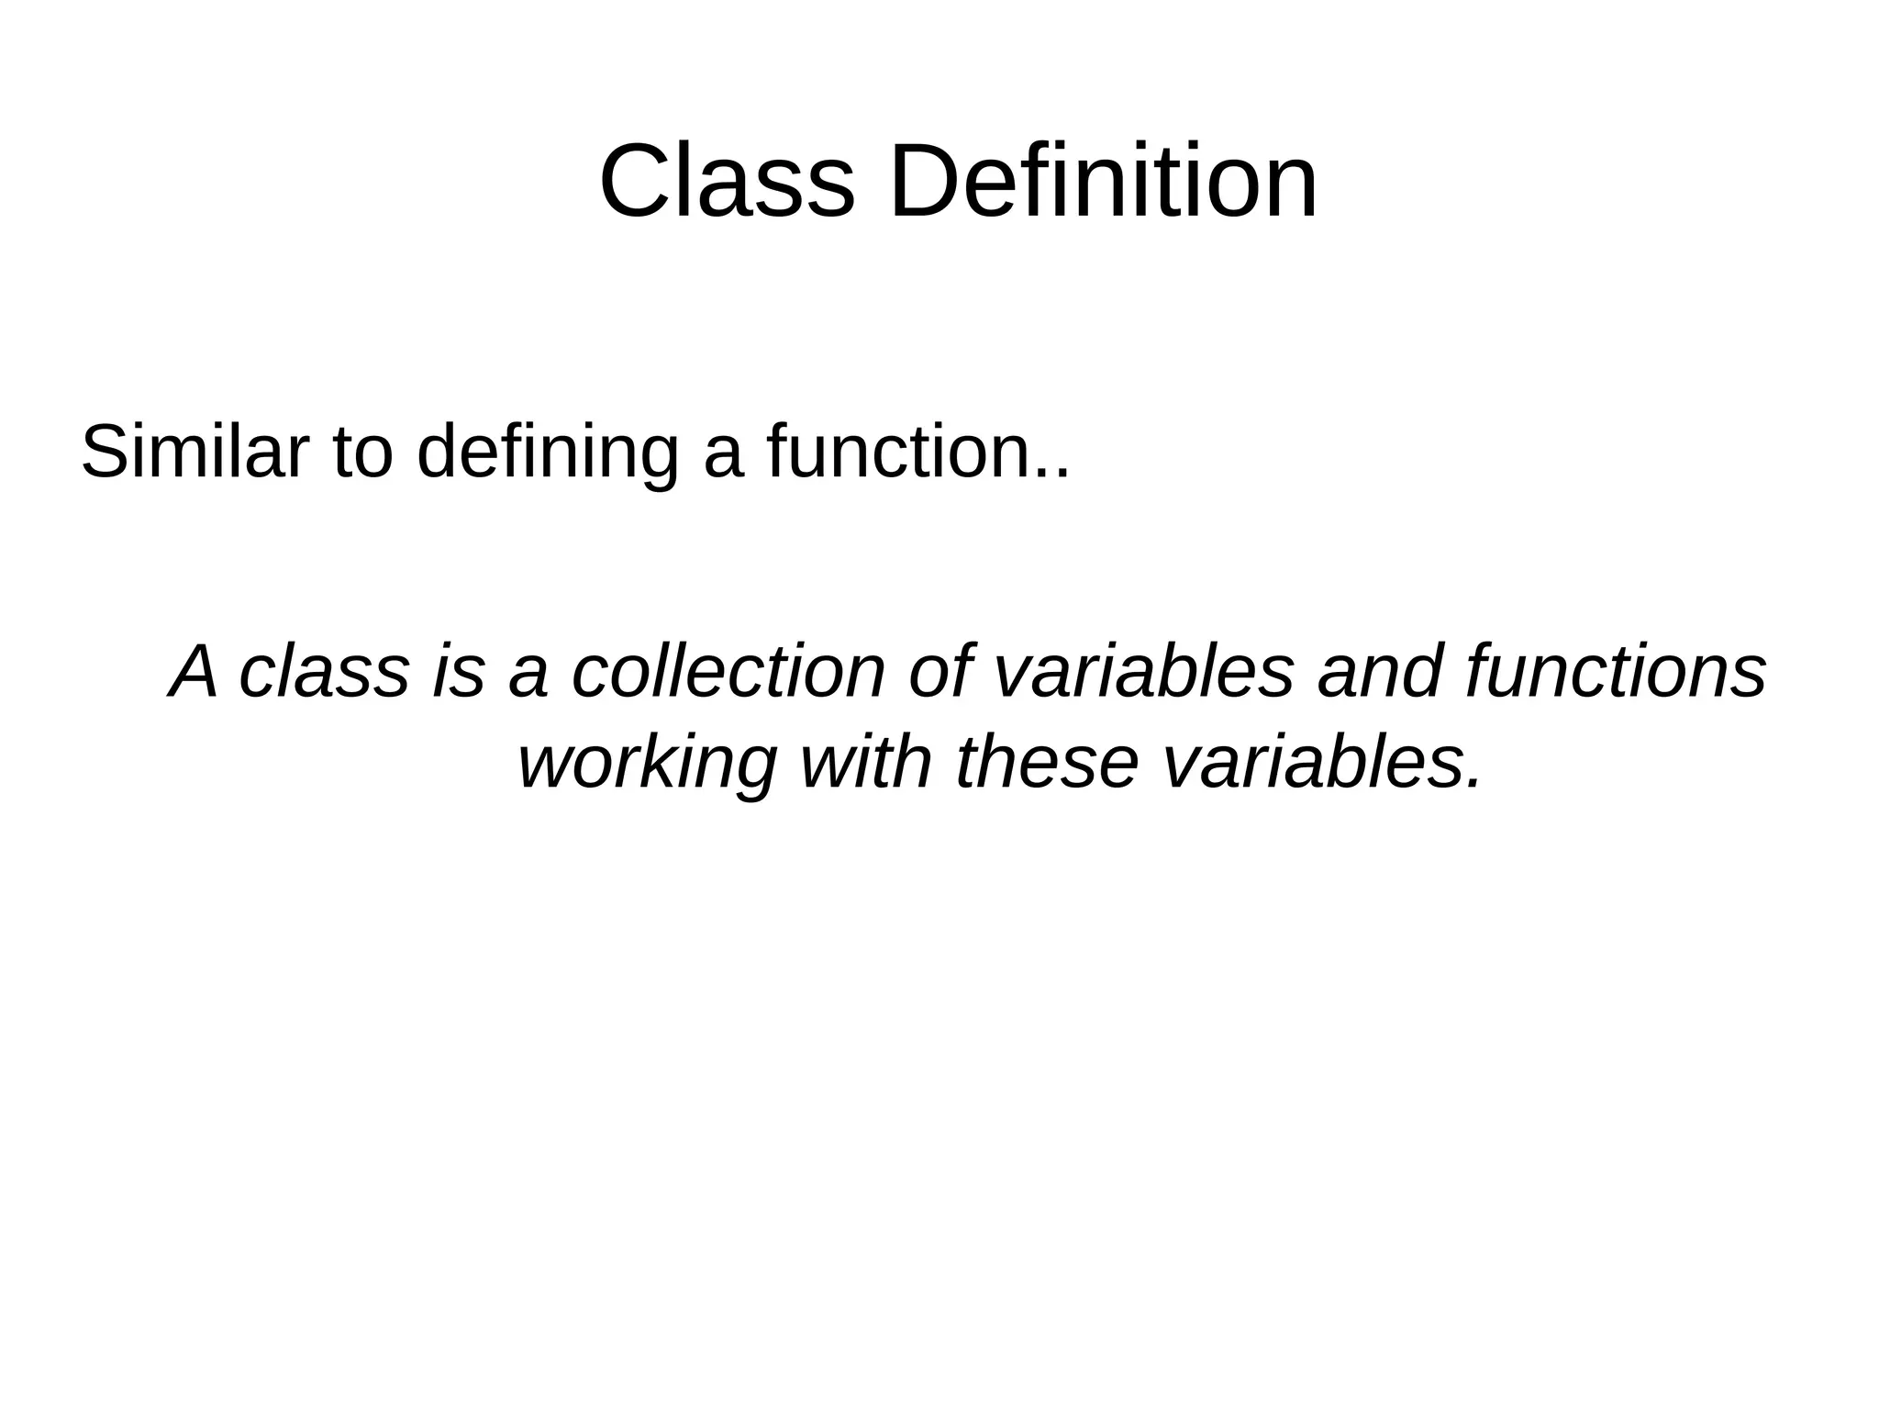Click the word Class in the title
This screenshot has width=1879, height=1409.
point(726,182)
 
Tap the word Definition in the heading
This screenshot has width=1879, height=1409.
point(1104,182)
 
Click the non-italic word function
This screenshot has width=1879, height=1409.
point(896,452)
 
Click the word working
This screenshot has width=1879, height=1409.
point(647,764)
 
